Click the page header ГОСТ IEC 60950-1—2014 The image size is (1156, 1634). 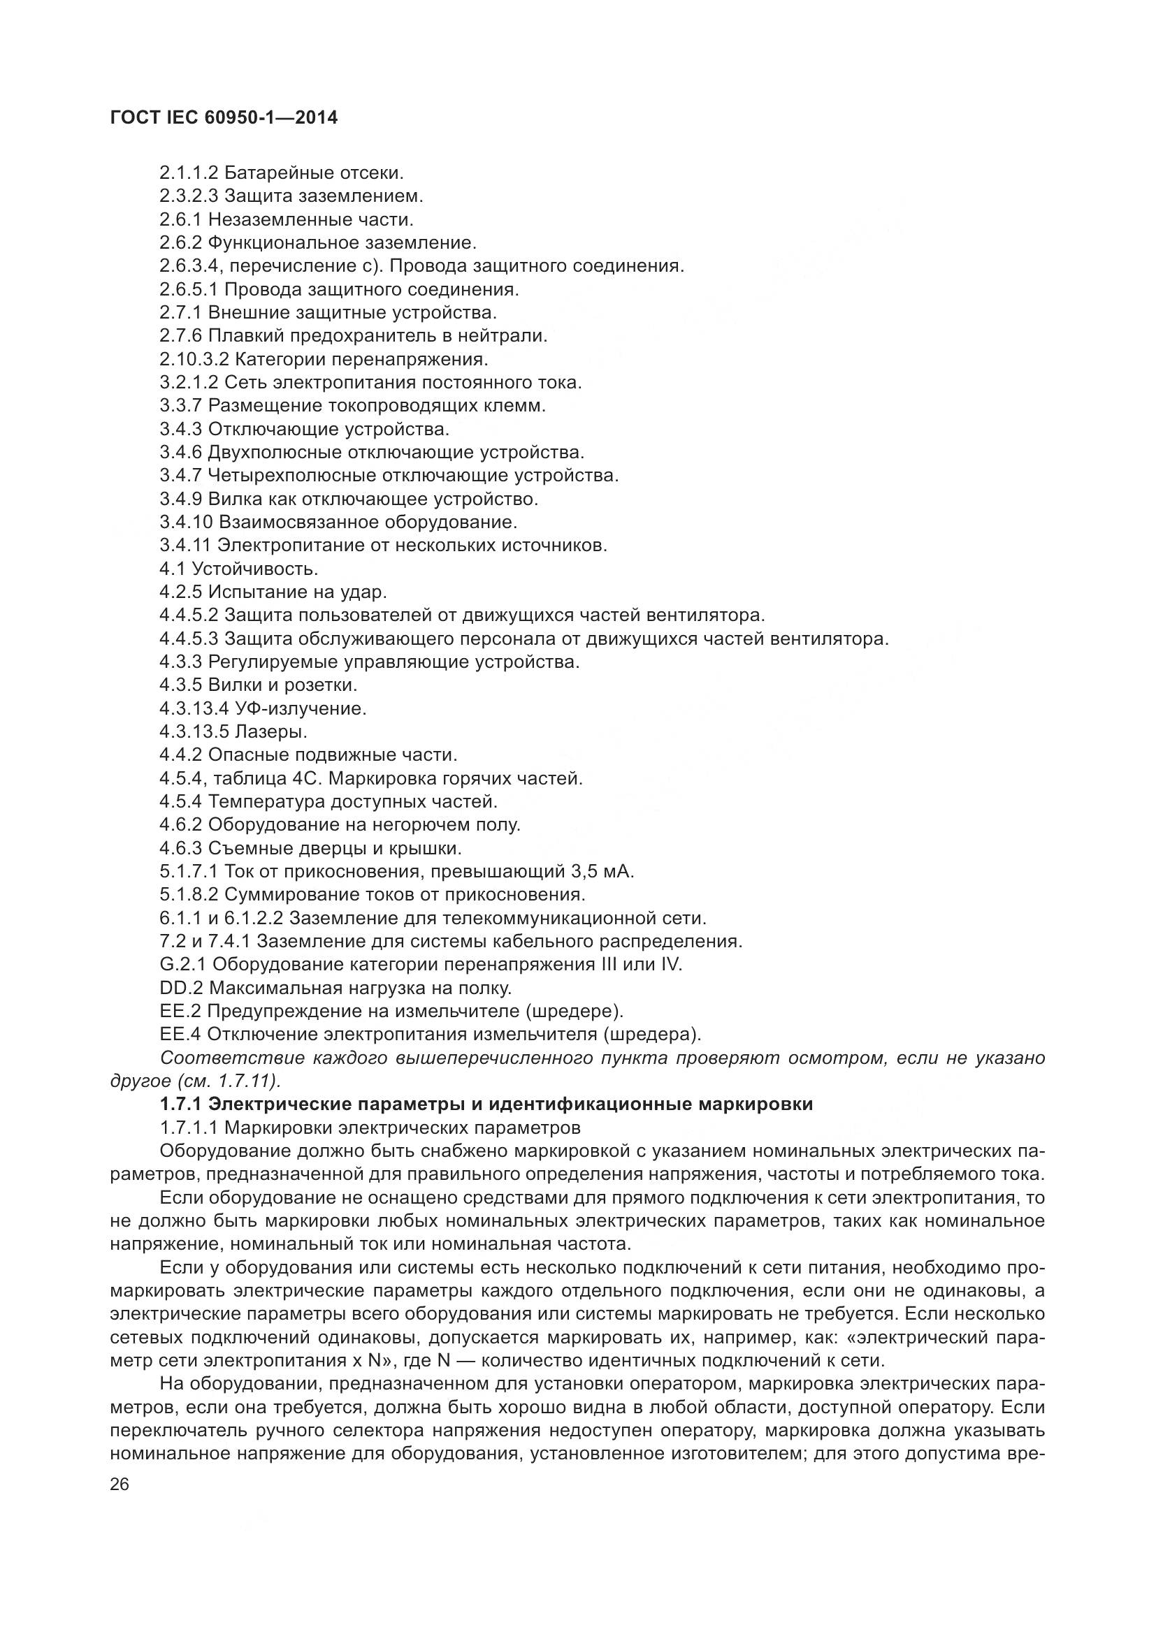click(x=224, y=118)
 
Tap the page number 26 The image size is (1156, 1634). click(x=120, y=1485)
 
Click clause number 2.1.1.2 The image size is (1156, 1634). click(x=189, y=173)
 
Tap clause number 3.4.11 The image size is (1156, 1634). click(x=185, y=546)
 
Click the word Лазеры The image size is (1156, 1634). click(x=271, y=731)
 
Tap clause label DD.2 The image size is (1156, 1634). click(x=182, y=989)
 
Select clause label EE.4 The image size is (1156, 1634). click(x=181, y=1035)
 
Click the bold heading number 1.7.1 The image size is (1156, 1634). click(x=182, y=1104)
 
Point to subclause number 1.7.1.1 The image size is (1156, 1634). click(x=189, y=1128)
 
